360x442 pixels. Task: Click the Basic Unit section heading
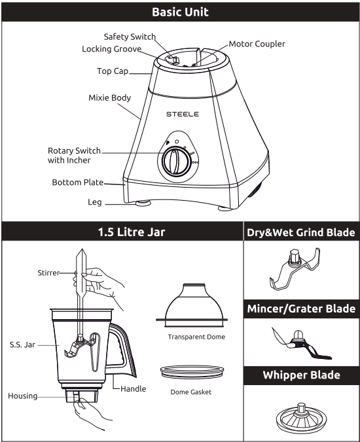click(180, 12)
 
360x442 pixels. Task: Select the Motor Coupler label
click(257, 44)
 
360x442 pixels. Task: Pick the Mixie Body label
click(109, 98)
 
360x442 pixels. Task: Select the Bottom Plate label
click(78, 182)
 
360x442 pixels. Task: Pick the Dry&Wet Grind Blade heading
click(300, 232)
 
